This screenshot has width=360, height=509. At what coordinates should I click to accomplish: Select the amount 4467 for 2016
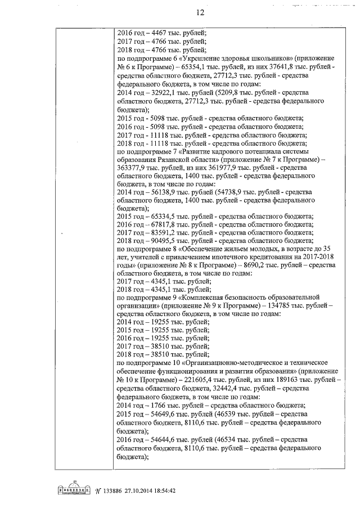tap(158, 33)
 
